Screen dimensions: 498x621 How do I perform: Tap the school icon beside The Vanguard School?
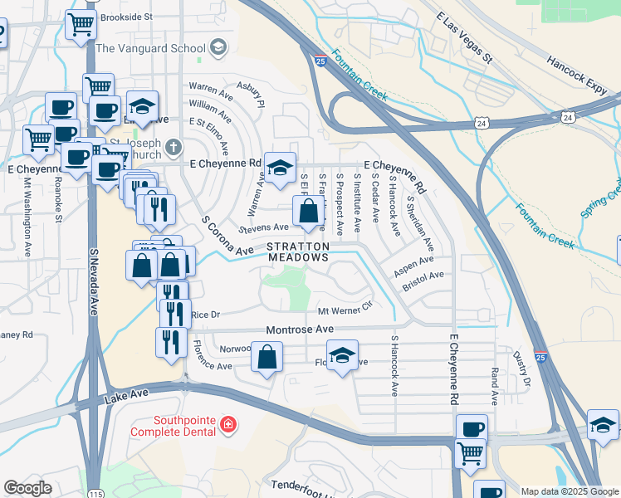[218, 46]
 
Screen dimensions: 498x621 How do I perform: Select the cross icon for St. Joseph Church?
[173, 148]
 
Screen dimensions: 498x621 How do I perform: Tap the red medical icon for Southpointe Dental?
[228, 427]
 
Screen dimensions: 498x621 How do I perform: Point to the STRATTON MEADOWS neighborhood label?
[298, 252]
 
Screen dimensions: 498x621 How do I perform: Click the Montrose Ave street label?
[293, 330]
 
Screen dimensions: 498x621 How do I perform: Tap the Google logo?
[27, 488]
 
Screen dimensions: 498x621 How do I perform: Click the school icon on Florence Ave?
[342, 354]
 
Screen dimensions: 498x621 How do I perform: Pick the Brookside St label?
[126, 17]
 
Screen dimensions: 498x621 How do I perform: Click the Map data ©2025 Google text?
[569, 491]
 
